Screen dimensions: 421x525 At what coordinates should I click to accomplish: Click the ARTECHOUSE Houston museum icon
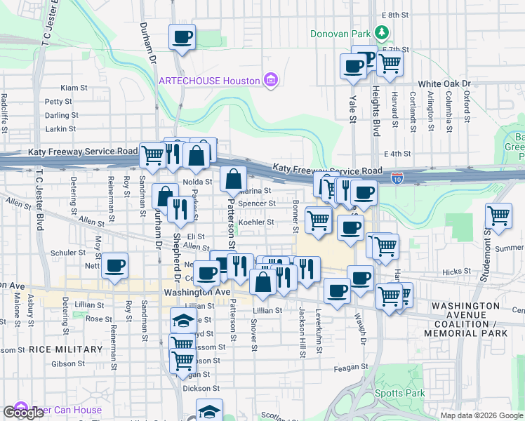270,81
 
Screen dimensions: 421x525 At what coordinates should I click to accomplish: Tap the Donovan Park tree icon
382,33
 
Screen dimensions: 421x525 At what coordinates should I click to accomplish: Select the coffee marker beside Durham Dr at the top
182,37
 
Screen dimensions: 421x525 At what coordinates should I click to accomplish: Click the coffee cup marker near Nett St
115,266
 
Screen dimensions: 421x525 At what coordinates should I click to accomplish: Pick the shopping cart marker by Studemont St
498,216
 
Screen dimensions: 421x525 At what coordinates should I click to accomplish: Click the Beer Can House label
67,410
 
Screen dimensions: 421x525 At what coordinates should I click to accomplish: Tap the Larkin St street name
60,129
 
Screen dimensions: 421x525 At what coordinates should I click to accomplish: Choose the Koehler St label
256,222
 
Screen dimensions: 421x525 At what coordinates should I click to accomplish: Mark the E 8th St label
394,15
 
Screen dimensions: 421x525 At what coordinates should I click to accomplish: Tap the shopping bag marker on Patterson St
233,180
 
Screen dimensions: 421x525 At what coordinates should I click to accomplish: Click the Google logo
23,412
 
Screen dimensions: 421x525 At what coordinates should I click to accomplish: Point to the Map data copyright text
481,415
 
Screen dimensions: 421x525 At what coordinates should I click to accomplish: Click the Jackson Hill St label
303,332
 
